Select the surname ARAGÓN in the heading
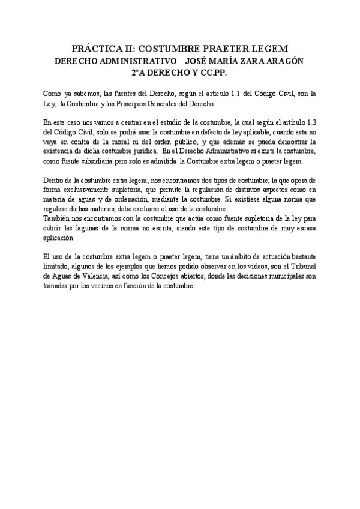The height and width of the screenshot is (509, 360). tap(281, 61)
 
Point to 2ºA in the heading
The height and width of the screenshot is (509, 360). tap(139, 72)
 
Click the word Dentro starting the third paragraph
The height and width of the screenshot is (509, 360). tap(55, 180)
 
